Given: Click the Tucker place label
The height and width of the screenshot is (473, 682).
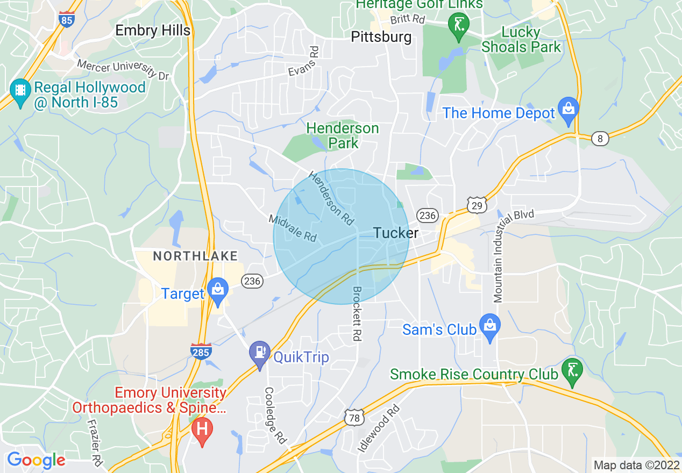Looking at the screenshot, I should point(395,233).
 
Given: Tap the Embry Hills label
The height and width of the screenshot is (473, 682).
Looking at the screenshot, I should point(153,31).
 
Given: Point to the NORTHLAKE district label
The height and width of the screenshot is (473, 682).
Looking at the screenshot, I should point(195,256).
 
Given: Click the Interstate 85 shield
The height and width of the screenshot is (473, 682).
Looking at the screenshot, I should point(66,19).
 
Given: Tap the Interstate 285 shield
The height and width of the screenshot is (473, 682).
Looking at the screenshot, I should point(200,352).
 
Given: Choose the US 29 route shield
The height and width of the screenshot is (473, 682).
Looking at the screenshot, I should point(477,205).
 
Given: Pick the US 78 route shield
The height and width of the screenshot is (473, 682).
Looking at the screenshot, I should point(355,417).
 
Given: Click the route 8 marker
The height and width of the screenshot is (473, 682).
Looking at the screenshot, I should point(600,139).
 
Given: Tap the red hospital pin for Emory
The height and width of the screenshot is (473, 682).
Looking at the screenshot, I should point(202,431).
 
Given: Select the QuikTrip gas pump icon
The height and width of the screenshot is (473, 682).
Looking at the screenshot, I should point(260,353).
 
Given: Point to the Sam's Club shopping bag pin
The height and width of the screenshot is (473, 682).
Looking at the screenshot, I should point(489,326).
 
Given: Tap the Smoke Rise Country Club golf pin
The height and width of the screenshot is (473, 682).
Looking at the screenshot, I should point(572,370).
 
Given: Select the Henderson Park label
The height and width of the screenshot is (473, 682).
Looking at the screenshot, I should point(343,135).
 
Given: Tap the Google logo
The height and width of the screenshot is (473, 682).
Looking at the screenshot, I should point(36,461).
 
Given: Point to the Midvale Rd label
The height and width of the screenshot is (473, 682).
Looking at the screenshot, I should point(293,228).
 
